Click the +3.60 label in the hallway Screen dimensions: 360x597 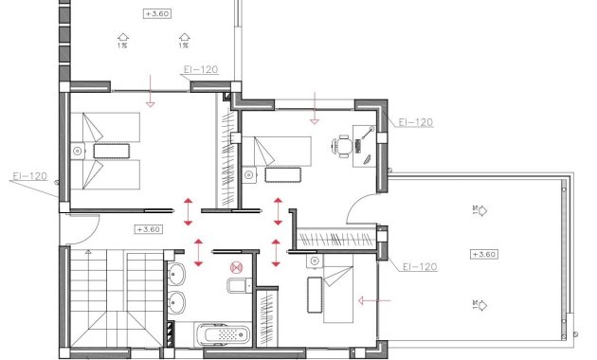149,229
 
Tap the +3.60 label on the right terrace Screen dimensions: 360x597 483,254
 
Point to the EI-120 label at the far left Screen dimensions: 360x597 29,175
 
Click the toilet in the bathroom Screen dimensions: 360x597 237,288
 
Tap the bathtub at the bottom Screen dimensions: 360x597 220,333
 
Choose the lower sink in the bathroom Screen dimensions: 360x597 176,304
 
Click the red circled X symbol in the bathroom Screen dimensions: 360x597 238,268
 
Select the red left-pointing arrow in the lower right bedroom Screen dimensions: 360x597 374,301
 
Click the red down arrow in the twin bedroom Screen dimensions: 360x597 150,98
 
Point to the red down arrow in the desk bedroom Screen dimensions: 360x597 316,117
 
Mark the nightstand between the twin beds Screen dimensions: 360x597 77,150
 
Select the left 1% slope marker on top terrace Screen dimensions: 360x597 122,41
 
